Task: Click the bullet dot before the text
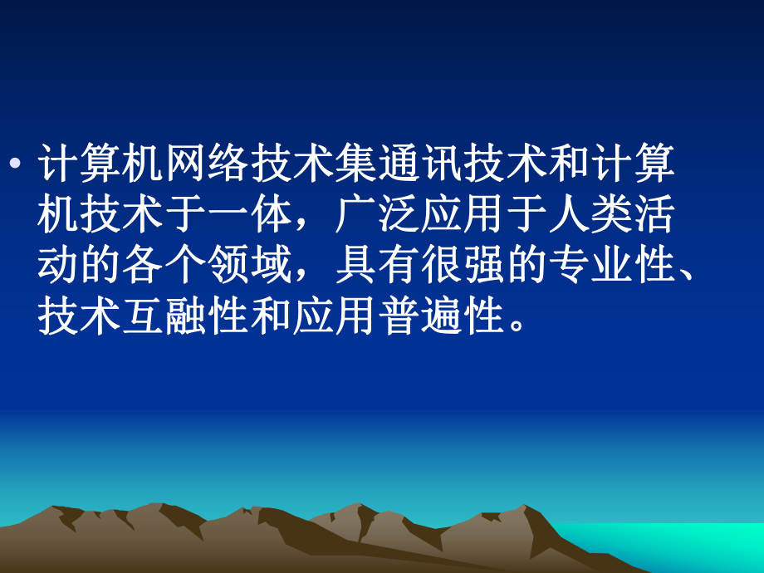15,163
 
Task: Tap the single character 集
356,163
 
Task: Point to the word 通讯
420,163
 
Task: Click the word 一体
250,214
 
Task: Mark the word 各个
164,265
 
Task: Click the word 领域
250,265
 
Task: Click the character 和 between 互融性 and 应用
272,316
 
